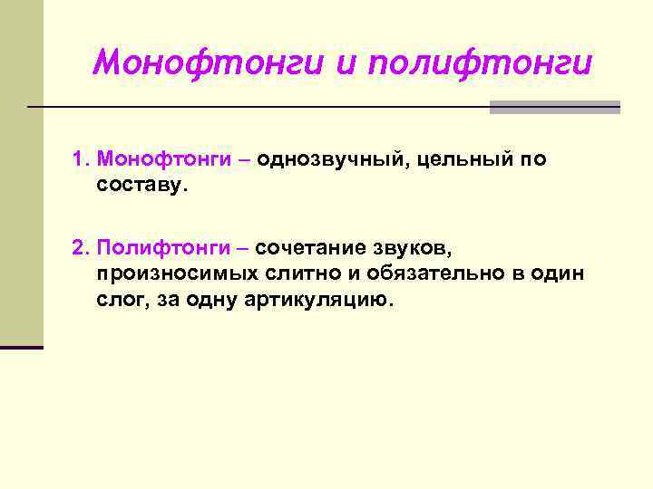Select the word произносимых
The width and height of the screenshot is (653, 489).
(x=170, y=273)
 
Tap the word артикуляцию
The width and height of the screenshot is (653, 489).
(x=319, y=300)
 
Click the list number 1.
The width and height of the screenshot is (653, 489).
(x=79, y=160)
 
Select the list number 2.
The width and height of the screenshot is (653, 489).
(x=79, y=248)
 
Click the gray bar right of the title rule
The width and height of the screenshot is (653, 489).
(x=554, y=107)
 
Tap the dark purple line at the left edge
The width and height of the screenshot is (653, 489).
(x=22, y=347)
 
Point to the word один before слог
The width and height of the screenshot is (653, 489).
(x=555, y=273)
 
